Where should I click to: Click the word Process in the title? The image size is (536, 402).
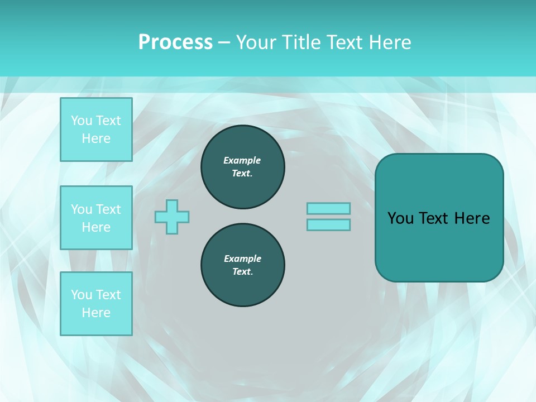tap(175, 42)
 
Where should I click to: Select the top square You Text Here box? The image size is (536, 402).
tap(96, 130)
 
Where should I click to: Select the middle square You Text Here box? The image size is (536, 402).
tap(96, 218)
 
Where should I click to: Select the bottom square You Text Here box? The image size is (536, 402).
tap(96, 304)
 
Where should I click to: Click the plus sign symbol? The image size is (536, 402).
tap(172, 217)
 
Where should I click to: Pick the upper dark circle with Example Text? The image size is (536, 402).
tap(242, 167)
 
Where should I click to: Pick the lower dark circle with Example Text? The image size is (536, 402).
tap(242, 265)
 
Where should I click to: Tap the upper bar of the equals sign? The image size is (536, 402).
tap(328, 209)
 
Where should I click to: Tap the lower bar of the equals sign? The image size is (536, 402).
tap(328, 225)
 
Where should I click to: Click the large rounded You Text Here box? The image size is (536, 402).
tap(439, 218)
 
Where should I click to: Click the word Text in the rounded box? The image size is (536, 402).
tap(433, 218)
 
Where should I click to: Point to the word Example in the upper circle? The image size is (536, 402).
tap(242, 160)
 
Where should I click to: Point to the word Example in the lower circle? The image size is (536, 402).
tap(242, 259)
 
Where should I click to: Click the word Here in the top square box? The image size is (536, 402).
tap(96, 138)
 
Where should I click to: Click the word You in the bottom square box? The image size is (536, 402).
tap(82, 295)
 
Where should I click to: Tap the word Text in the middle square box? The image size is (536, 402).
tap(108, 209)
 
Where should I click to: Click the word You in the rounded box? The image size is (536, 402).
tap(401, 218)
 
